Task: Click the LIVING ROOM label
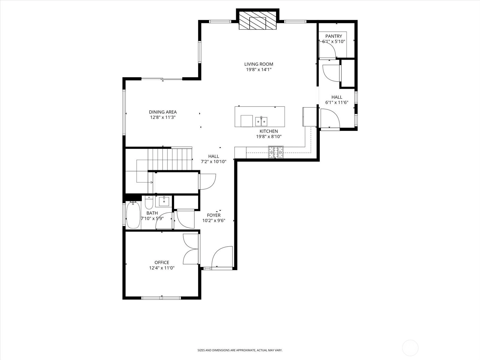click(x=259, y=64)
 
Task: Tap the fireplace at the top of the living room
click(x=258, y=20)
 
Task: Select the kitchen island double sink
click(x=261, y=121)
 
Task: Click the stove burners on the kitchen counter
click(x=276, y=152)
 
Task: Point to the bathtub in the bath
click(x=133, y=215)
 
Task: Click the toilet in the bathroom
click(x=149, y=202)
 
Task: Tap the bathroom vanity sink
click(x=164, y=201)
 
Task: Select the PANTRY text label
click(x=334, y=36)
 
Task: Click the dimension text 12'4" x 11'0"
click(x=162, y=268)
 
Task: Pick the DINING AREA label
click(x=163, y=112)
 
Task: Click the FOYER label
click(x=214, y=215)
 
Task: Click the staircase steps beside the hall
click(x=170, y=159)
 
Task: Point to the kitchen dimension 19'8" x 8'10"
click(x=269, y=136)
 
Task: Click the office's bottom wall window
click(x=161, y=298)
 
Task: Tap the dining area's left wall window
click(x=124, y=112)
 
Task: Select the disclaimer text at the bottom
click(x=240, y=350)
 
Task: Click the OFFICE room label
click(x=162, y=262)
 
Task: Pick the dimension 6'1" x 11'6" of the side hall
click(x=337, y=102)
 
